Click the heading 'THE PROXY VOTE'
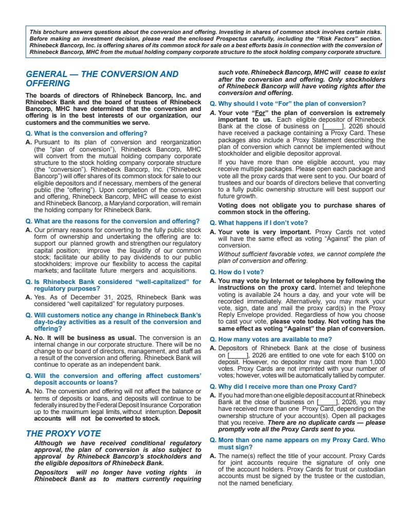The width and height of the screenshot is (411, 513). (63, 433)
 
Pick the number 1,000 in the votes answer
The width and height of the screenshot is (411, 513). (375, 362)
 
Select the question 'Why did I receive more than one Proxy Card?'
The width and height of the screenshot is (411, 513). (283, 387)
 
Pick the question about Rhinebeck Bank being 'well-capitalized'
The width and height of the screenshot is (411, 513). (114, 285)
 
